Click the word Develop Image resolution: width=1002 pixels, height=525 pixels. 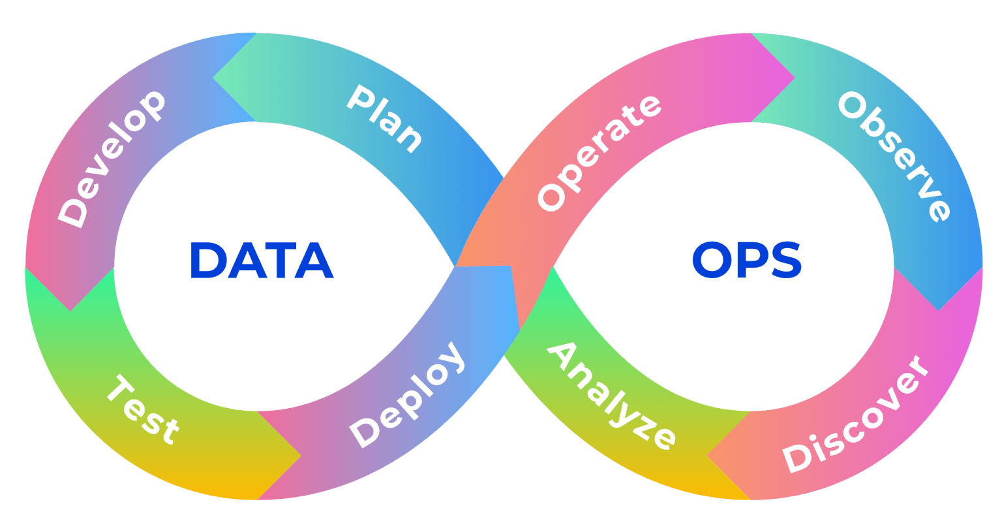(111, 159)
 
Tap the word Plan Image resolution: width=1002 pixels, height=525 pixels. (384, 118)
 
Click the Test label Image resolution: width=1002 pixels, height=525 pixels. (142, 409)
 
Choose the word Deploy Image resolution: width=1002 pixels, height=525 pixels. (408, 394)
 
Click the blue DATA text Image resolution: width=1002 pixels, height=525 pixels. (261, 261)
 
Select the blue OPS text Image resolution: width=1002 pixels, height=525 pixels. (747, 261)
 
